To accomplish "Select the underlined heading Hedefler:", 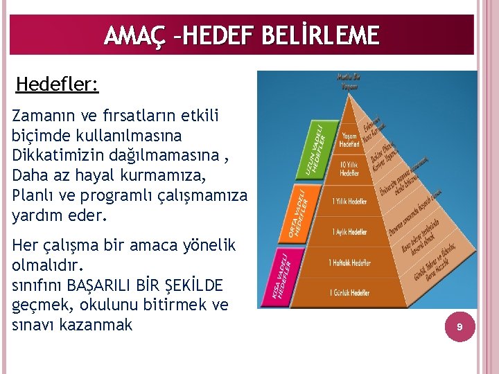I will coord(57,84).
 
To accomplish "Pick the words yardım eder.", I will coord(60,215).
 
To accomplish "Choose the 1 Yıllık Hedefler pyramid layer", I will coord(349,201).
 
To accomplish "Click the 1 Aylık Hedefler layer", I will coord(349,232).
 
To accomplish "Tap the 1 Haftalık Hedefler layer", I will coord(349,263).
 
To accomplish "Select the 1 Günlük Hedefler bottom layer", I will coord(349,294).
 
